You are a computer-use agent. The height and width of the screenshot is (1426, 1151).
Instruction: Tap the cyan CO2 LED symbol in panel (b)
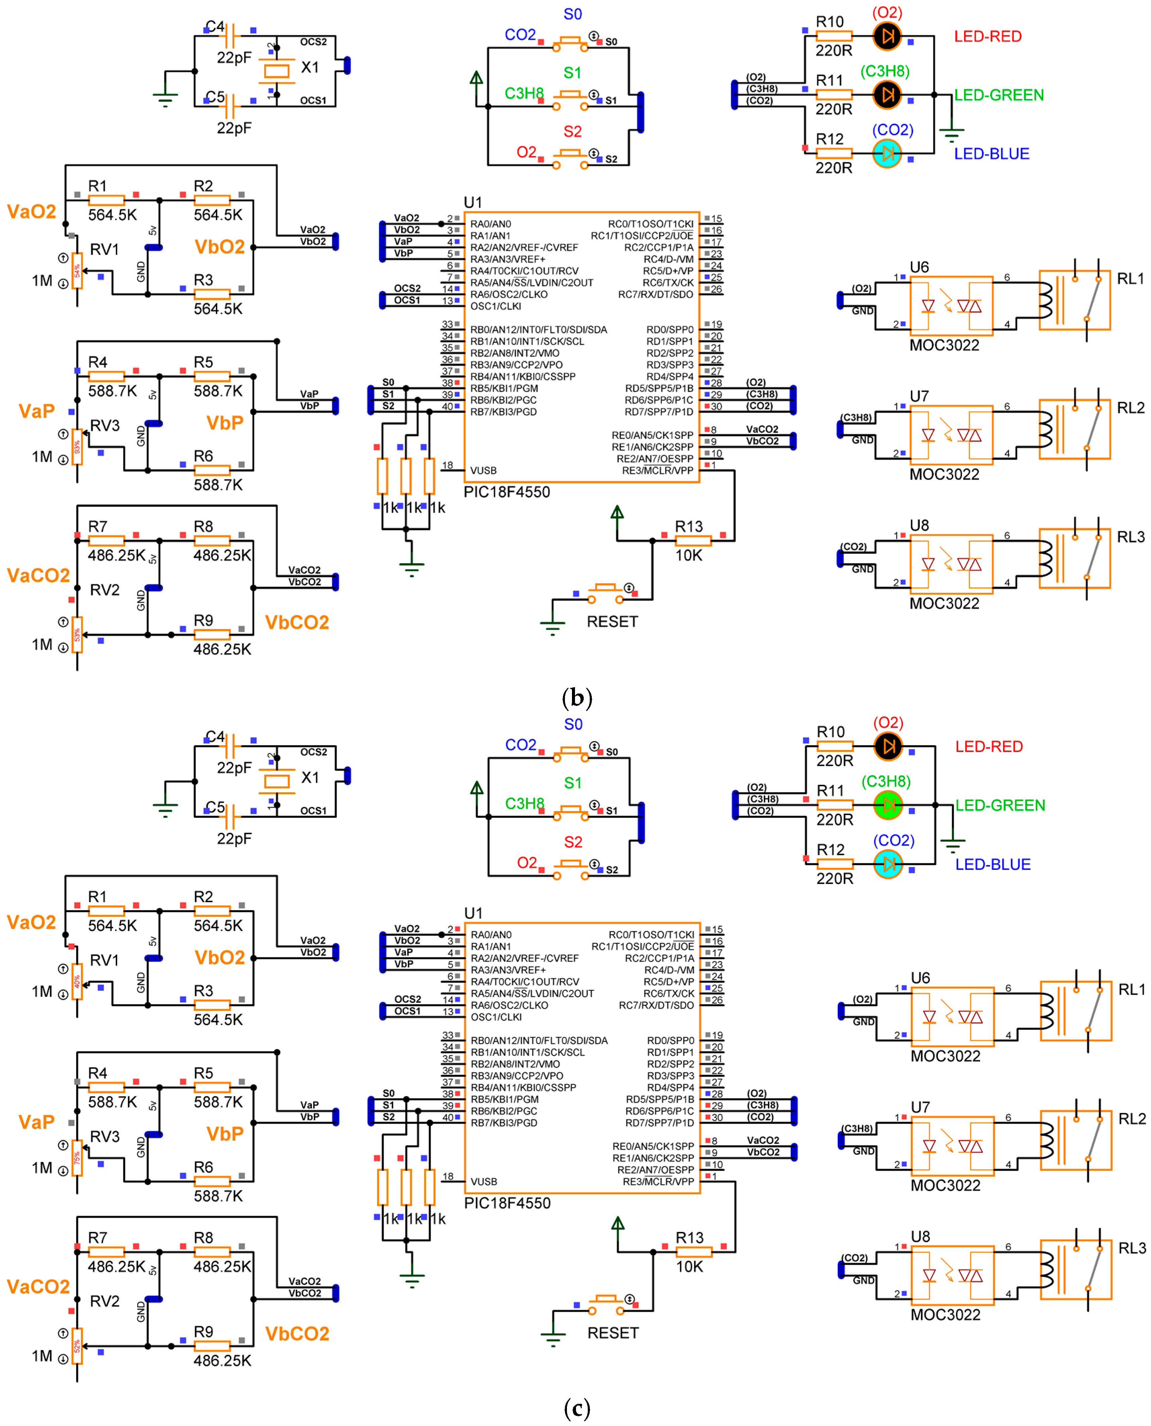coord(887,153)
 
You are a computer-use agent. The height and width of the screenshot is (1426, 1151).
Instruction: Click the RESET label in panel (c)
coord(613,1333)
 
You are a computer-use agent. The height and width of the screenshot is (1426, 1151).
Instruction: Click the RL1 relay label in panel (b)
coord(1131,278)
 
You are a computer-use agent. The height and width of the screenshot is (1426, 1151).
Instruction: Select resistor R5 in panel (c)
coord(211,1086)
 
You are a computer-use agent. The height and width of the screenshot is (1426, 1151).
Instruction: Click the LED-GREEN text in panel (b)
coord(999,95)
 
